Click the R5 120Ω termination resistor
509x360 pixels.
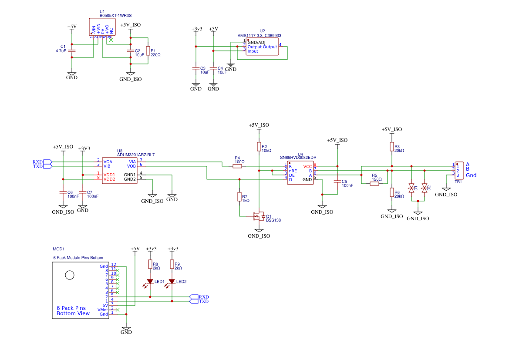[375, 184]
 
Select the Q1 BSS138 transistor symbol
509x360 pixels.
[259, 216]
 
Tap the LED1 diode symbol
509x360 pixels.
[150, 282]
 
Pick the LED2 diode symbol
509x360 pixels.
[172, 282]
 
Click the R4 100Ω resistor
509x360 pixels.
[237, 166]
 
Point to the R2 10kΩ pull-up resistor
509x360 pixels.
[259, 147]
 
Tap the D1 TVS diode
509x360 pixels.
[411, 188]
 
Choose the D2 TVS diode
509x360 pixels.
[425, 188]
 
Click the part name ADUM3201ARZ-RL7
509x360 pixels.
[136, 155]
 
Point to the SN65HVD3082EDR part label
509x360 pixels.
[298, 157]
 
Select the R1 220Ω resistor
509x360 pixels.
[148, 51]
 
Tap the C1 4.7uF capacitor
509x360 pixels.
[72, 51]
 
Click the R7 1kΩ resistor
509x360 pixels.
[239, 197]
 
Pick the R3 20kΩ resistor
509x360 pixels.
[392, 147]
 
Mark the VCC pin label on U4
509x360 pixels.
[307, 166]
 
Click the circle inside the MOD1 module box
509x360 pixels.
[69, 275]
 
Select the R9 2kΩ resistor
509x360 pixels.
[172, 264]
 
